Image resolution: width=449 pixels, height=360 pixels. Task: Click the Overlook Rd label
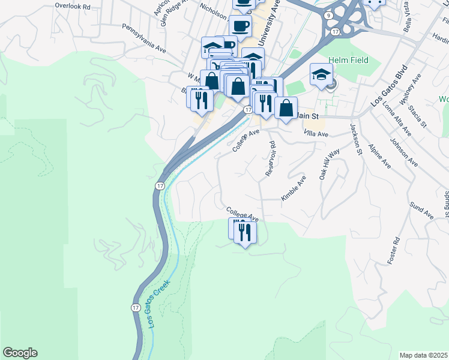pyautogui.click(x=72, y=5)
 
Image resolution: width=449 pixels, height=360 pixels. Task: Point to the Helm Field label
pyautogui.click(x=348, y=61)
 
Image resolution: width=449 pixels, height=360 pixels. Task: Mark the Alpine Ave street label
pyautogui.click(x=379, y=155)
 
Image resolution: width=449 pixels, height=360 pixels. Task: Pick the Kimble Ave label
pyautogui.click(x=294, y=188)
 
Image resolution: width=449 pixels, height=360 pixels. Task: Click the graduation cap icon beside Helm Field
pyautogui.click(x=321, y=75)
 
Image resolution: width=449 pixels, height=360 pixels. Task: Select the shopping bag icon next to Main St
pyautogui.click(x=287, y=108)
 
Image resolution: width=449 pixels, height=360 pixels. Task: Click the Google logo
pyautogui.click(x=20, y=353)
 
